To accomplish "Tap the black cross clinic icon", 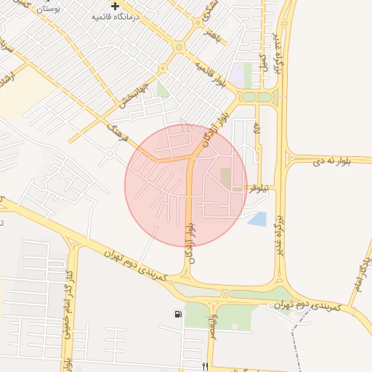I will click(116, 6).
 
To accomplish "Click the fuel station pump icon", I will click(178, 314).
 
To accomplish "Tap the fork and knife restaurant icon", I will click(206, 366).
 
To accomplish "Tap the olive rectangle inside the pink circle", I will click(225, 177).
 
